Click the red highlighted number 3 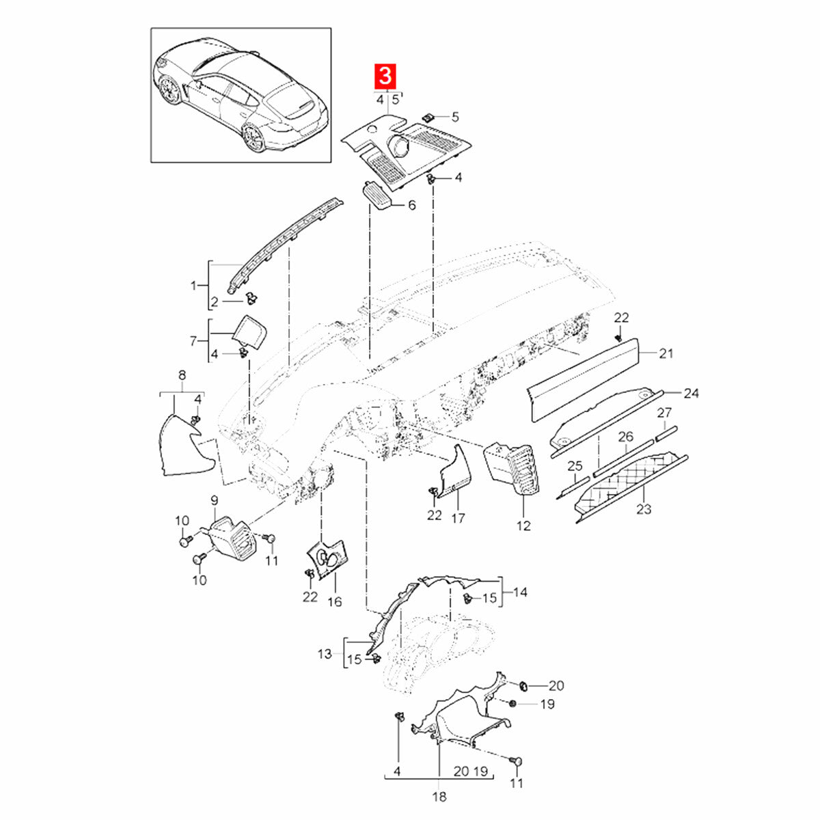pyautogui.click(x=385, y=77)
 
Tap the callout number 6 pyautogui.click(x=411, y=205)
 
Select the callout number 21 pyautogui.click(x=666, y=353)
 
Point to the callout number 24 pyautogui.click(x=691, y=392)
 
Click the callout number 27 pyautogui.click(x=664, y=412)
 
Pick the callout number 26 pyautogui.click(x=625, y=436)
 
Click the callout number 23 pyautogui.click(x=644, y=508)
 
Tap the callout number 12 pyautogui.click(x=523, y=525)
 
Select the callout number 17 pyautogui.click(x=458, y=518)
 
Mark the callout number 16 pyautogui.click(x=335, y=601)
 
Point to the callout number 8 pyautogui.click(x=182, y=374)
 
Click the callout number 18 pyautogui.click(x=439, y=796)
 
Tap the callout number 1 pyautogui.click(x=193, y=285)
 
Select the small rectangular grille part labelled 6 pyautogui.click(x=377, y=195)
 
